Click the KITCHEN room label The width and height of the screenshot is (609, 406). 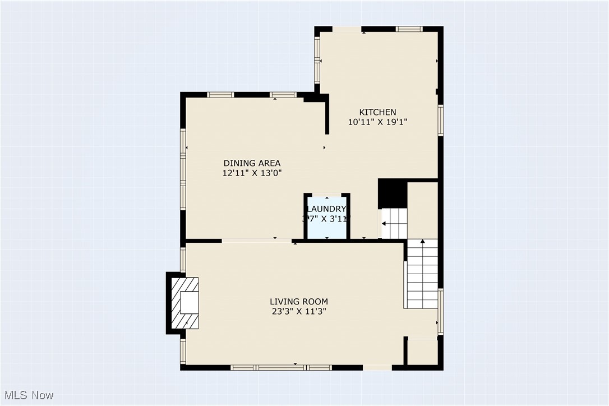point(377,112)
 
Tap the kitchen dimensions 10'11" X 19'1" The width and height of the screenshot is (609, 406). point(377,122)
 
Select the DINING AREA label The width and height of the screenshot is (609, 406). point(251,163)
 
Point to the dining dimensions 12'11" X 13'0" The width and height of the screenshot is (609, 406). point(251,173)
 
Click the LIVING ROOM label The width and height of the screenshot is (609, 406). point(298,301)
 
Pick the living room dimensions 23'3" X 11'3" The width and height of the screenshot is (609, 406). point(298,311)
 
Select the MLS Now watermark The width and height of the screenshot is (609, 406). point(27,395)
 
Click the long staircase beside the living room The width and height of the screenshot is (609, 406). point(422,274)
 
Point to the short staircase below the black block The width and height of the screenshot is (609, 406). point(395,223)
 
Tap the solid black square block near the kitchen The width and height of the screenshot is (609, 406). point(393,193)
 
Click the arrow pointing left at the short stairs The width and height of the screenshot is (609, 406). point(385,223)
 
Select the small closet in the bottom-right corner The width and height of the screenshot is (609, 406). point(422,352)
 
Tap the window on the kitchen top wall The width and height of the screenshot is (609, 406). point(409,29)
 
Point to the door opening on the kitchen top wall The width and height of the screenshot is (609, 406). point(347,29)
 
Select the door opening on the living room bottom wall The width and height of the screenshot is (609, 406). point(377,368)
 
